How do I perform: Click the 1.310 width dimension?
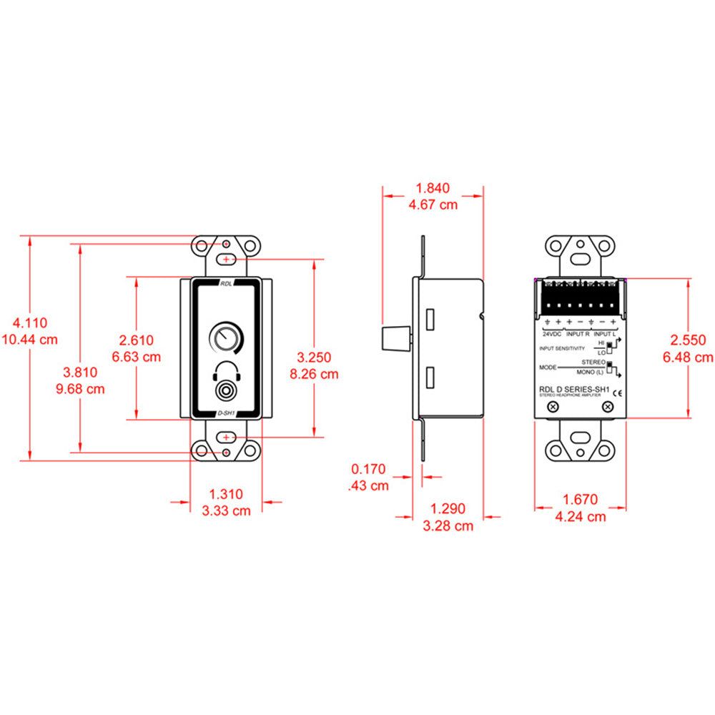click(x=226, y=494)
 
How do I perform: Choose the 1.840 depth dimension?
click(x=433, y=189)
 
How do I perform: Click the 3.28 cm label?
click(x=448, y=526)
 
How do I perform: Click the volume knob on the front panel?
click(x=226, y=337)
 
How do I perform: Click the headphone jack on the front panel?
click(x=226, y=392)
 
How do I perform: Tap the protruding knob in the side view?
click(x=398, y=337)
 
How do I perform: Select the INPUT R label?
click(x=578, y=334)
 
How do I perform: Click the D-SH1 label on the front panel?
click(x=226, y=413)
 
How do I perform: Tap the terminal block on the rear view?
click(x=580, y=298)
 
